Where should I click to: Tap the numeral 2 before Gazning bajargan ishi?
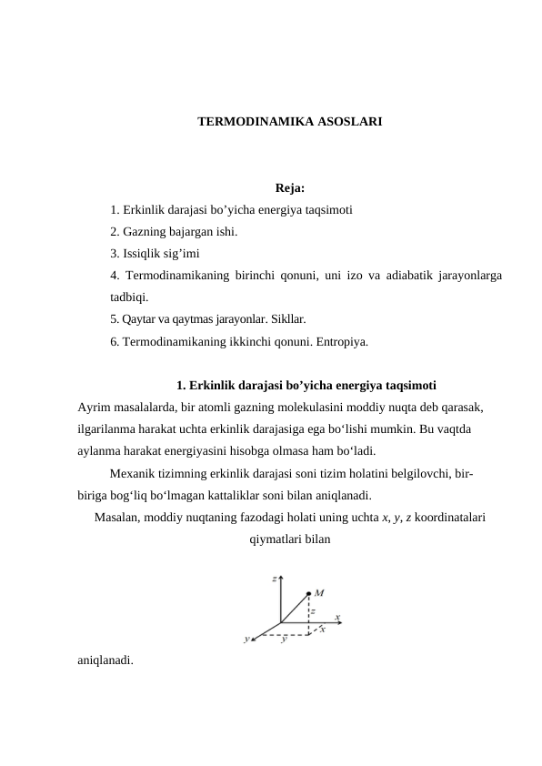pyautogui.click(x=114, y=232)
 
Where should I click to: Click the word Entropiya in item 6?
pyautogui.click(x=339, y=342)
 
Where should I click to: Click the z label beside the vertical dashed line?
pyautogui.click(x=313, y=612)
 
